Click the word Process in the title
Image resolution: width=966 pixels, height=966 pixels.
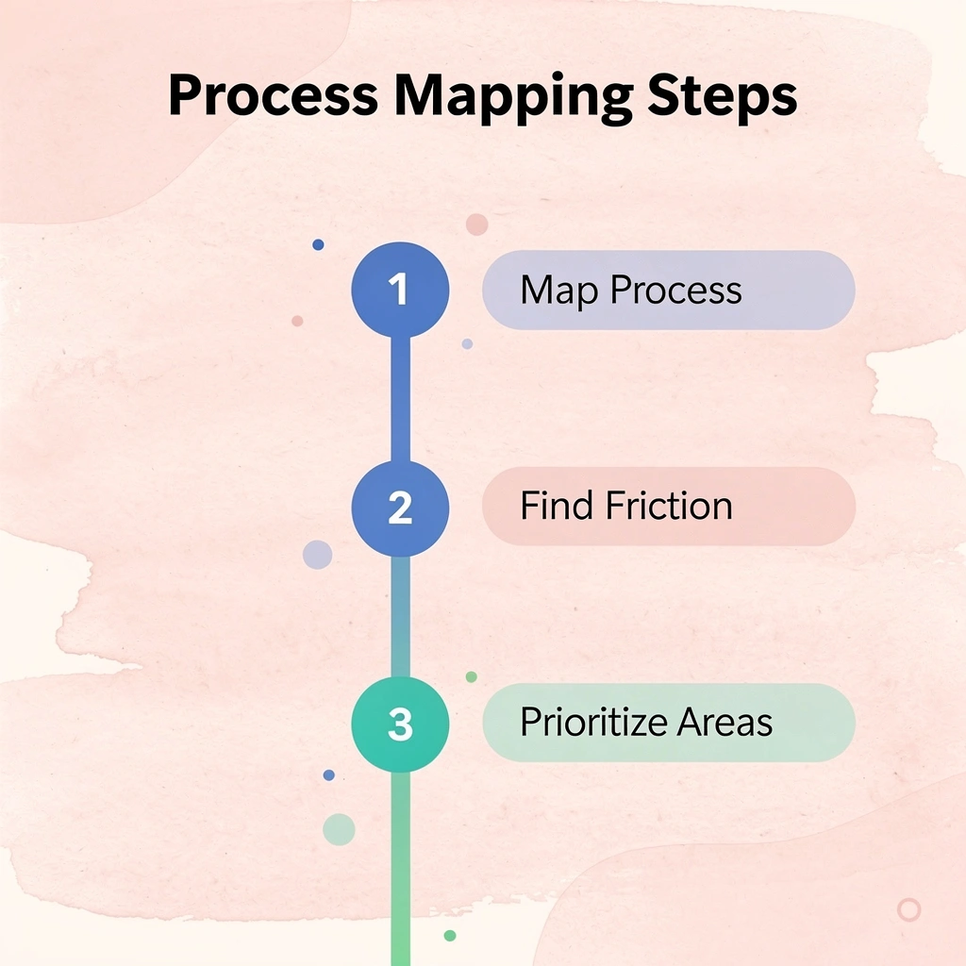click(x=274, y=95)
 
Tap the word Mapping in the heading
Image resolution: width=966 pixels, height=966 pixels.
click(x=513, y=98)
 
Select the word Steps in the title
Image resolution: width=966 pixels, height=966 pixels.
click(x=723, y=98)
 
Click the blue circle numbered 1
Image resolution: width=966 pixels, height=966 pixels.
click(x=400, y=290)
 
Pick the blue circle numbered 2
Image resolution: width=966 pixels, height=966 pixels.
click(x=400, y=508)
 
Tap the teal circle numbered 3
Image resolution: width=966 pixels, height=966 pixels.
click(x=400, y=724)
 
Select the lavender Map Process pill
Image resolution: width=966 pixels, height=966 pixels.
click(x=669, y=291)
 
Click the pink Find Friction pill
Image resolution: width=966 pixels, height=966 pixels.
click(x=669, y=507)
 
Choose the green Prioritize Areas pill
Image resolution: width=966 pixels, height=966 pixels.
click(x=669, y=723)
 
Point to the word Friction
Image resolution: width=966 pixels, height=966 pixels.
click(x=669, y=506)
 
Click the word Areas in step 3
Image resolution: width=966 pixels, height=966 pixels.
click(x=724, y=722)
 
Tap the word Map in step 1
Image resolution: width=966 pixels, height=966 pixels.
click(x=558, y=291)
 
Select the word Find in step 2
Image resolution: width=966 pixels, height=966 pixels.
click(x=558, y=506)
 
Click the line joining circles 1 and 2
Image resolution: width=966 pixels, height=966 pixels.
click(x=400, y=399)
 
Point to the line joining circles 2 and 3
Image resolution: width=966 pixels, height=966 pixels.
click(x=400, y=617)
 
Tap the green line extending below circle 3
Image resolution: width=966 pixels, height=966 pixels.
click(x=400, y=869)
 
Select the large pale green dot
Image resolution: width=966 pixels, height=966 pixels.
click(x=339, y=829)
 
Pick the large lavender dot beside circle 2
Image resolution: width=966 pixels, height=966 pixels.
click(x=317, y=555)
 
